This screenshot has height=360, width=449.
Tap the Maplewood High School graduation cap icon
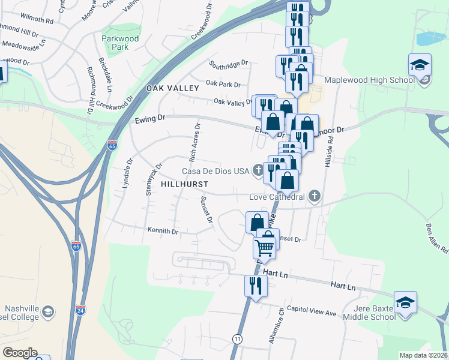pos(420,64)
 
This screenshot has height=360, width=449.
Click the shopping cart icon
pos(265,247)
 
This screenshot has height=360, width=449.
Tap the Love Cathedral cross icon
pos(313,196)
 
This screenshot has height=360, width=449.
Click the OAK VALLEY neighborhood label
pos(172,88)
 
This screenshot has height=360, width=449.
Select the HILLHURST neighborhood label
pos(185,184)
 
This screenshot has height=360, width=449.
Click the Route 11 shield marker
pos(238,339)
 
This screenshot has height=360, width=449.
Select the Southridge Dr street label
pos(228,62)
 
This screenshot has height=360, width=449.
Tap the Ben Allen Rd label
pos(437,238)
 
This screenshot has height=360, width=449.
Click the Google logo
pos(20,353)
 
